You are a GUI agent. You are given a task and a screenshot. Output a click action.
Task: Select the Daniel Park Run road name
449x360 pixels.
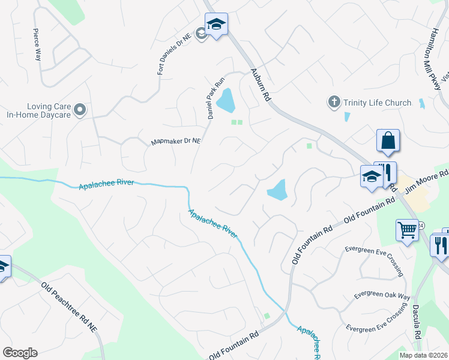[215, 97]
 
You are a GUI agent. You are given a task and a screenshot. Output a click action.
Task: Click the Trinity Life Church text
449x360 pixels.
[377, 103]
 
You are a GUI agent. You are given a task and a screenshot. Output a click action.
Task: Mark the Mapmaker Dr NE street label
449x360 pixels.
[175, 142]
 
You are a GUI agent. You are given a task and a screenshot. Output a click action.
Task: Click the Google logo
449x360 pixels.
[20, 352]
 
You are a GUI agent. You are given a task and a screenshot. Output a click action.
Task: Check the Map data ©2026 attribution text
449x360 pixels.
[423, 355]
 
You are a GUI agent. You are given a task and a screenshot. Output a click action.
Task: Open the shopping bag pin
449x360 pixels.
[388, 141]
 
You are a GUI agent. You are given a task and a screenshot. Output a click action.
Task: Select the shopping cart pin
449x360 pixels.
[408, 230]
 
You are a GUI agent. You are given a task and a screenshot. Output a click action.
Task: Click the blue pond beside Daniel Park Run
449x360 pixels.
[226, 100]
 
